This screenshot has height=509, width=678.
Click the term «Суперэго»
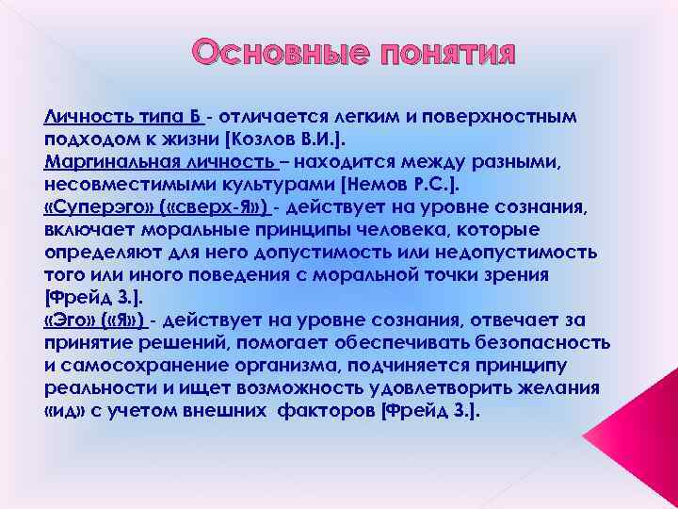point(92,207)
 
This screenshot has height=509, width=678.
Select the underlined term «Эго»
point(69,320)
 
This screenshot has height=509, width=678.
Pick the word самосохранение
point(131,366)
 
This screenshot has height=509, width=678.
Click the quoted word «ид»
point(61,411)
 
